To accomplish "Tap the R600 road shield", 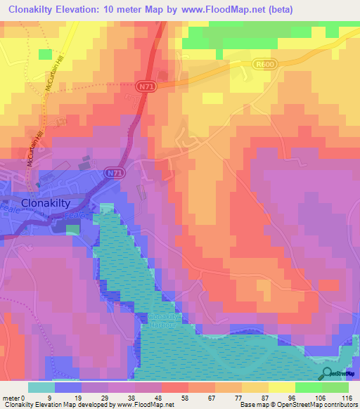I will (x=262, y=63).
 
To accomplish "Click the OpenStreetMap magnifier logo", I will (x=328, y=373).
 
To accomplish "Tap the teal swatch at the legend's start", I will (x=41, y=387).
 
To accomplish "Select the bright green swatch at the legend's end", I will (x=335, y=387).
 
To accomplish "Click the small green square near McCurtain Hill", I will (x=45, y=54).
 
